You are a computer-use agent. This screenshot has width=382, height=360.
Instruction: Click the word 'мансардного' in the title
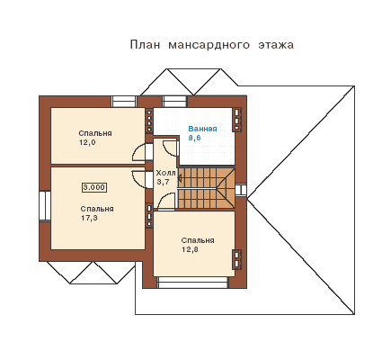[209, 45]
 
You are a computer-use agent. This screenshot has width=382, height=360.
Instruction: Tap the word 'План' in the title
[145, 45]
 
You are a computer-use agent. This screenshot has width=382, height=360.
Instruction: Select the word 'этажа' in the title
[276, 45]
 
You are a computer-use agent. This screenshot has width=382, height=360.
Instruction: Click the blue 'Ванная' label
[202, 129]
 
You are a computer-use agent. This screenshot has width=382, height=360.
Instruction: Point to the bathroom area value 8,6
[194, 138]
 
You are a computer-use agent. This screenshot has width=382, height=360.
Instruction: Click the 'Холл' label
[165, 173]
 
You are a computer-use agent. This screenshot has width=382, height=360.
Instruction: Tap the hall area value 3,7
[163, 182]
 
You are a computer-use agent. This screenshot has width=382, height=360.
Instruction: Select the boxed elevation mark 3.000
[94, 187]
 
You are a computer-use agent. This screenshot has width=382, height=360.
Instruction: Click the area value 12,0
[87, 142]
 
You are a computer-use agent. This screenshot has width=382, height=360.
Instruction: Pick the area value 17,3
[89, 218]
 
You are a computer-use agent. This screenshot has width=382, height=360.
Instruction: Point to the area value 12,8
[190, 249]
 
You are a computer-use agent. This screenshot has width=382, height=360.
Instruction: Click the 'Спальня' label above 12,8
[198, 240]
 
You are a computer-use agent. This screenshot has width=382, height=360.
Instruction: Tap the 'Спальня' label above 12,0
[95, 133]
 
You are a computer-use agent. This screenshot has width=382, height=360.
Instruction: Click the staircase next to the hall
[207, 188]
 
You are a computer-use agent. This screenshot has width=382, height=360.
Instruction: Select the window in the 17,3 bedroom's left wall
[45, 206]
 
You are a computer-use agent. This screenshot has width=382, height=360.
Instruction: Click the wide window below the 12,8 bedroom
[193, 283]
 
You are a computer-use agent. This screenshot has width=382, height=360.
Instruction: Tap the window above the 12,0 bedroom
[124, 102]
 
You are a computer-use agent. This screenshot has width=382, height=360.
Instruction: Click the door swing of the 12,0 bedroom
[138, 153]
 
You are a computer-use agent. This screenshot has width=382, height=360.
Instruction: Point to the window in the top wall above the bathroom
[174, 102]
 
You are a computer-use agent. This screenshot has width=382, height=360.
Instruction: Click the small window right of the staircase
[241, 190]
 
